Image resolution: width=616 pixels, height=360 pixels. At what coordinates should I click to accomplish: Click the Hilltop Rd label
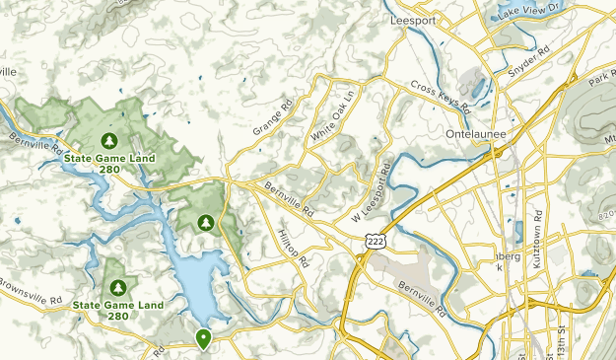[x=294, y=248]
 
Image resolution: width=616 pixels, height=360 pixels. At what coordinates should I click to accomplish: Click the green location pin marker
[x=204, y=339]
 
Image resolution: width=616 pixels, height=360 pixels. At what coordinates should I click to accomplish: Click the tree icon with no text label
[x=206, y=222]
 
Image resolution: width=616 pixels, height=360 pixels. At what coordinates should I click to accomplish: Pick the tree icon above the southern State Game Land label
[x=118, y=288]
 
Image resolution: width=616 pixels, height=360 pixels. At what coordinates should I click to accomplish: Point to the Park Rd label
[x=600, y=79]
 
